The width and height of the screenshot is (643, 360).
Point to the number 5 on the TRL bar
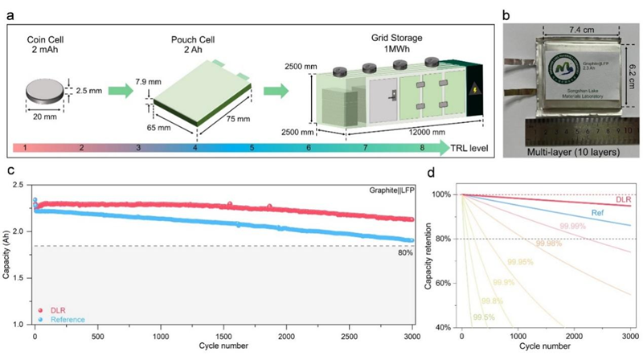pyautogui.click(x=251, y=149)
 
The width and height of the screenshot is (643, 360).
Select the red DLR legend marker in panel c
pyautogui.click(x=40, y=309)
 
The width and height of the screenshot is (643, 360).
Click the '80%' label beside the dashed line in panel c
pyautogui.click(x=407, y=255)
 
